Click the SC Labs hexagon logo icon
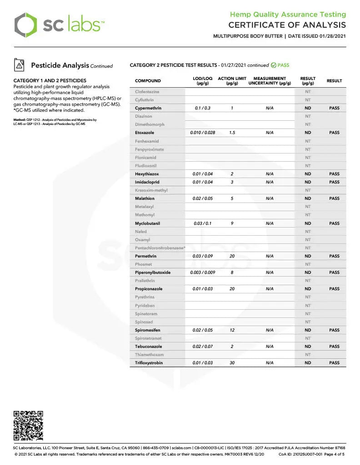25,25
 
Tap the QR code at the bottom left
28,425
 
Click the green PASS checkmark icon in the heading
274,65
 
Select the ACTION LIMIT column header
232,81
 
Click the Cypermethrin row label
148,108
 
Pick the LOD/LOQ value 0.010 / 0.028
203,133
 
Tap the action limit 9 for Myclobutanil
232,223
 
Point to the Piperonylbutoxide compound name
153,272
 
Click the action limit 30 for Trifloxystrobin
232,363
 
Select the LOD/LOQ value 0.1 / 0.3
203,108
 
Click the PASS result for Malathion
334,198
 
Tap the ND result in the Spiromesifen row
308,330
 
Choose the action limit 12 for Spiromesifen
232,330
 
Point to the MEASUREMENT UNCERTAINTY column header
270,81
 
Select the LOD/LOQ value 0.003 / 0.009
203,272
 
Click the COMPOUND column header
148,81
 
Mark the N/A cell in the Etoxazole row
270,133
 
